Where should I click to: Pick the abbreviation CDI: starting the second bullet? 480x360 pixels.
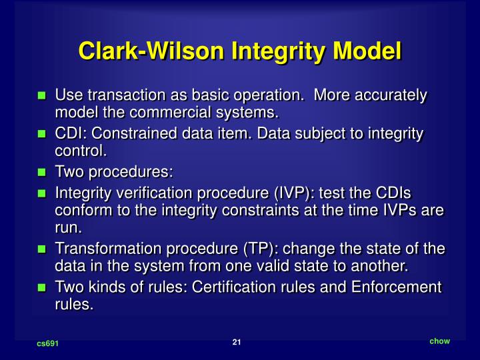coord(69,134)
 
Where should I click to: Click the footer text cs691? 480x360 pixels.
coord(47,344)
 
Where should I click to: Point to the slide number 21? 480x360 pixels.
coord(237,343)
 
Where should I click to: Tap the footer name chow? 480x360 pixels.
coord(439,341)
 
